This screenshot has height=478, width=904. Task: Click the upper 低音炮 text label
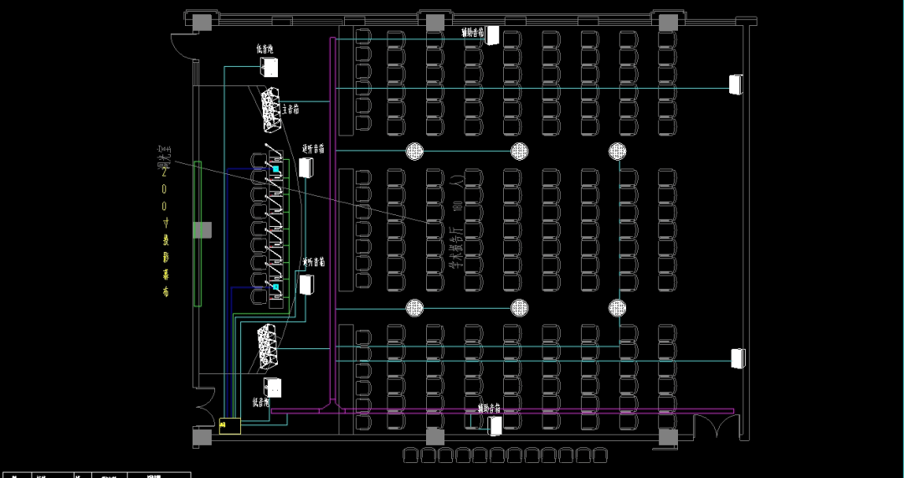(x=265, y=49)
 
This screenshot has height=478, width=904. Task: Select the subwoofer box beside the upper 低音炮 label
(x=269, y=68)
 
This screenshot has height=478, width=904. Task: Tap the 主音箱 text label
(x=291, y=109)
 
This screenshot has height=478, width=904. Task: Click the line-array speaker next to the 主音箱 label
(x=270, y=110)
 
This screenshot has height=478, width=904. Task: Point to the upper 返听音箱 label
(x=313, y=149)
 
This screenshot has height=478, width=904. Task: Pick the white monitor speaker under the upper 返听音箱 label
(x=306, y=167)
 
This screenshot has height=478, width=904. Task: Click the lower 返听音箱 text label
(x=313, y=262)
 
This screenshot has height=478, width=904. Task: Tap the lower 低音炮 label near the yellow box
(x=261, y=403)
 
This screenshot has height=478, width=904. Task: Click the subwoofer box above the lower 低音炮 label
(x=272, y=388)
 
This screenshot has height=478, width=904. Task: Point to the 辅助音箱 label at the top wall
(x=473, y=33)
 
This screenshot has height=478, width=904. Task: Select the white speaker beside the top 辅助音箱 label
(x=493, y=35)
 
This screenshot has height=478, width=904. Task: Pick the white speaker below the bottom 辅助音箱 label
(x=496, y=426)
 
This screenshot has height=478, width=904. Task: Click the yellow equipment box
(x=229, y=425)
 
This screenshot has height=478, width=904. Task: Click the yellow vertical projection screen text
(x=166, y=230)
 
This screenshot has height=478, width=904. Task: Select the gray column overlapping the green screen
(x=203, y=229)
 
